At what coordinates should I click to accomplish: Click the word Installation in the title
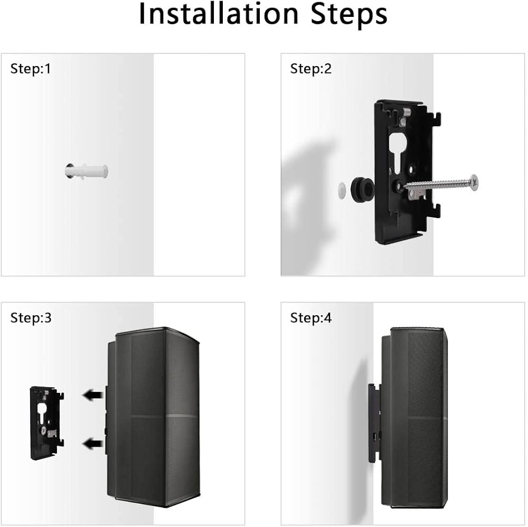(x=219, y=14)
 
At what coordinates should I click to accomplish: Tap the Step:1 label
(x=31, y=69)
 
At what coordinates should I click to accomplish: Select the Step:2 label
(x=311, y=69)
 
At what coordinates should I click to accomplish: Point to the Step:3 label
(x=31, y=318)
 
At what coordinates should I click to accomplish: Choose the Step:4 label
(x=311, y=318)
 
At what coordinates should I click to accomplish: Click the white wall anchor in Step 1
(x=87, y=171)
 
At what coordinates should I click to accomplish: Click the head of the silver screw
(x=474, y=183)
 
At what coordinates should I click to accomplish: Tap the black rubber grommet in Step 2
(x=362, y=189)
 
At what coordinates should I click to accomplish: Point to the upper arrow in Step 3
(x=92, y=394)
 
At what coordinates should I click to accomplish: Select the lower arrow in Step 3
(x=92, y=444)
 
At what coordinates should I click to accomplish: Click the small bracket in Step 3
(x=47, y=423)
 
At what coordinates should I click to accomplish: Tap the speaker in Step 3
(x=153, y=416)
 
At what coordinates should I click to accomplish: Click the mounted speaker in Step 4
(x=414, y=418)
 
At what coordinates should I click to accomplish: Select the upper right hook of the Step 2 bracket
(x=437, y=118)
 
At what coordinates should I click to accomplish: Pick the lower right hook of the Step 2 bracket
(x=437, y=210)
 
